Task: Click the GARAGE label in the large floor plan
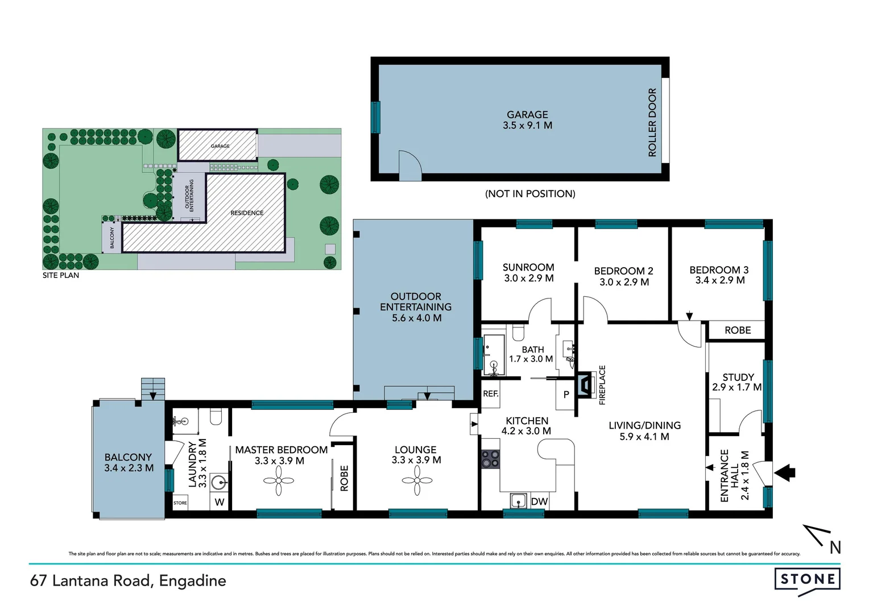pos(527,115)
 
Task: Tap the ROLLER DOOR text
pos(652,122)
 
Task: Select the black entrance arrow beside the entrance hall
pos(786,472)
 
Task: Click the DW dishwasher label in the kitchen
pos(539,501)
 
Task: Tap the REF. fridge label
pos(490,393)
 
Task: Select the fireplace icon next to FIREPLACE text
pos(584,385)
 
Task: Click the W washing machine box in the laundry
pos(220,502)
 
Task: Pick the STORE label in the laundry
pos(180,503)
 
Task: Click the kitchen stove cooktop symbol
pos(490,459)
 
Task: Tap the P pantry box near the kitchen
pos(566,395)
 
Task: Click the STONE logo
pos(807,579)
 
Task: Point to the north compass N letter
pos(835,547)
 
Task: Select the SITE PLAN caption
pos(61,275)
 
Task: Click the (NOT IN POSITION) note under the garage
pos(530,194)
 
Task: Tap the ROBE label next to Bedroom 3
pos(737,330)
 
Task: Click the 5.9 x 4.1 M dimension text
pos(644,437)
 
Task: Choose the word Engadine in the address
pos(192,581)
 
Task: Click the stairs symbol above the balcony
pos(153,389)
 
